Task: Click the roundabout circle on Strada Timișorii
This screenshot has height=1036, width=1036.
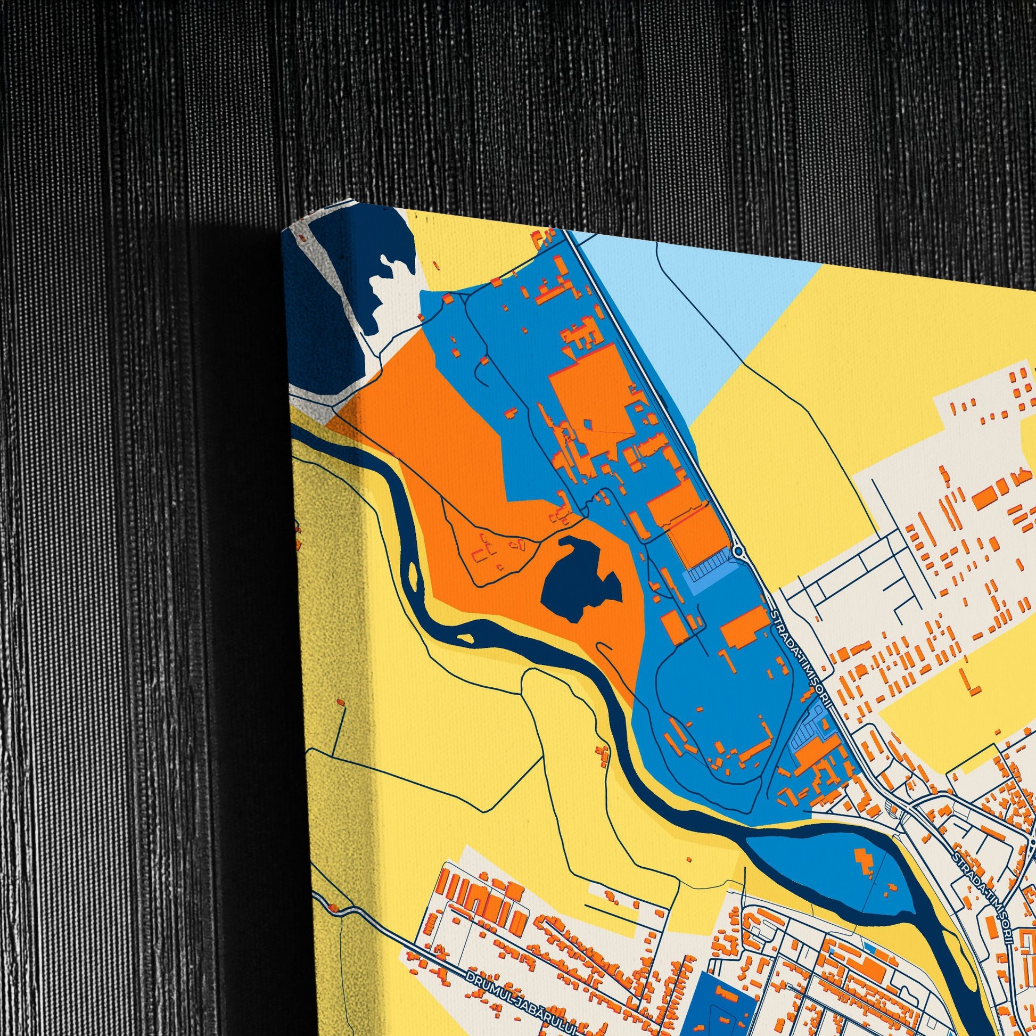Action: click(x=738, y=551)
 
